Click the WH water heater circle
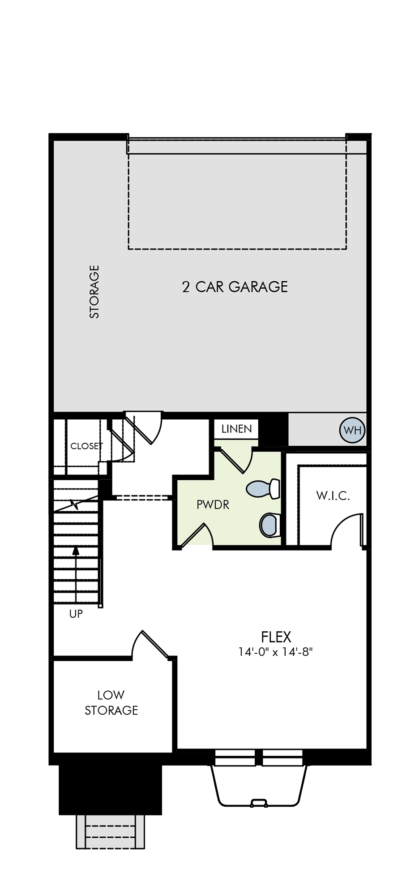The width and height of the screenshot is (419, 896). pyautogui.click(x=352, y=430)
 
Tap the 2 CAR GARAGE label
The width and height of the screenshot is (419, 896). pyautogui.click(x=235, y=287)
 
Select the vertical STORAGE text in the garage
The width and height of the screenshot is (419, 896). pyautogui.click(x=94, y=292)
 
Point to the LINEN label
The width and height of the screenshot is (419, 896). pyautogui.click(x=236, y=429)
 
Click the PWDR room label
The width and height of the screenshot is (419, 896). pyautogui.click(x=213, y=505)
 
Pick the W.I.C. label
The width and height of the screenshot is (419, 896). pyautogui.click(x=333, y=495)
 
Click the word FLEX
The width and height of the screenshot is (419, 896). pyautogui.click(x=276, y=637)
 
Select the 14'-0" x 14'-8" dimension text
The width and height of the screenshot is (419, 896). pyautogui.click(x=275, y=652)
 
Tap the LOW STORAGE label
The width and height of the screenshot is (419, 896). pyautogui.click(x=111, y=702)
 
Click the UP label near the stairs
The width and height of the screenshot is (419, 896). pyautogui.click(x=76, y=614)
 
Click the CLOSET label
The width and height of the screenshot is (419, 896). pyautogui.click(x=86, y=446)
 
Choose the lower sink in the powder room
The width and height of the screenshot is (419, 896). pyautogui.click(x=270, y=525)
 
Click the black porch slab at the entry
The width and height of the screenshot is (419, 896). pyautogui.click(x=110, y=790)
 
